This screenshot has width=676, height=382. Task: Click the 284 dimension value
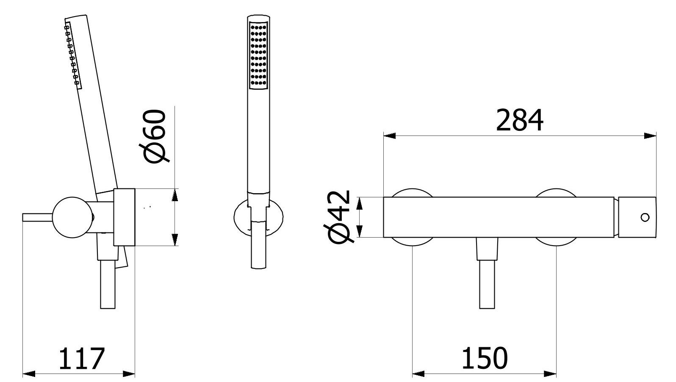[x=519, y=120]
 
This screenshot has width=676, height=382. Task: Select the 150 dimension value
[x=485, y=358]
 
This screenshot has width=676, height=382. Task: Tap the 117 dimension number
[x=81, y=359]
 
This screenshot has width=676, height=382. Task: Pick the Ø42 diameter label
[x=338, y=217]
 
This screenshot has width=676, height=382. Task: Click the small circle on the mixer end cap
[x=645, y=217]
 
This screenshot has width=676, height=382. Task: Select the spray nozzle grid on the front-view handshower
[x=259, y=55]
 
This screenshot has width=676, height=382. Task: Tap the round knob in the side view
[x=72, y=217]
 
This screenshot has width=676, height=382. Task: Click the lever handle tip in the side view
[x=24, y=217]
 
